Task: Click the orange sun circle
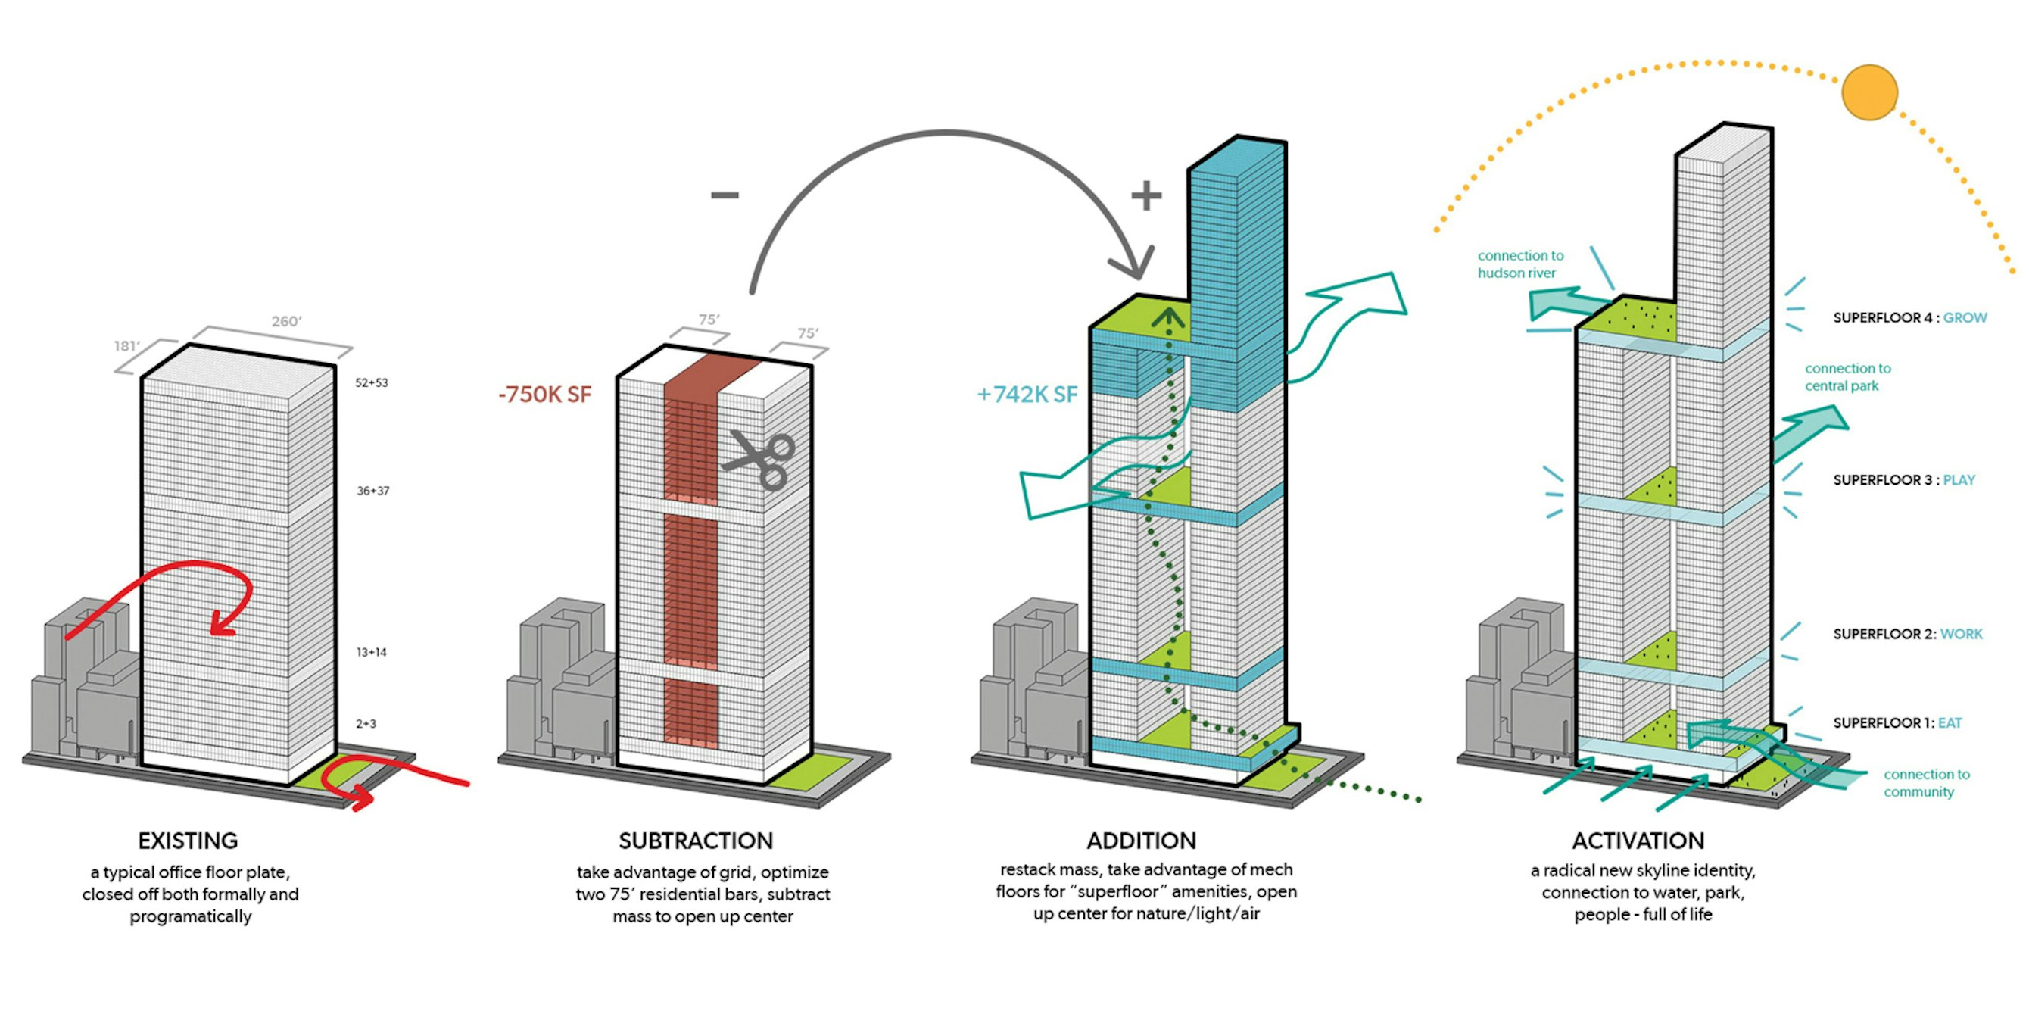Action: [1869, 92]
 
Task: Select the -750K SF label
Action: [544, 394]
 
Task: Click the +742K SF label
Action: [1027, 394]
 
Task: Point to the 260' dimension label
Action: [287, 320]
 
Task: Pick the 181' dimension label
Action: [127, 346]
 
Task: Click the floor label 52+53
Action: [372, 383]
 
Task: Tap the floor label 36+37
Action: [372, 491]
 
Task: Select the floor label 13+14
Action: [372, 652]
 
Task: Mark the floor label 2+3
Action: [366, 723]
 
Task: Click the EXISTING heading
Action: [188, 841]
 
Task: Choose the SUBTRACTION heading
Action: [696, 841]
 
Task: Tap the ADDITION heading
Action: [1142, 841]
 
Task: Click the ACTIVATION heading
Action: [1638, 841]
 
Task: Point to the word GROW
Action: [1965, 317]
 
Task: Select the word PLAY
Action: [1959, 480]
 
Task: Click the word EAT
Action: [1950, 722]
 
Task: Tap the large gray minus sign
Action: [725, 195]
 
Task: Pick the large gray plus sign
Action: [1146, 195]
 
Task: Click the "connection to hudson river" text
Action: [1520, 264]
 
